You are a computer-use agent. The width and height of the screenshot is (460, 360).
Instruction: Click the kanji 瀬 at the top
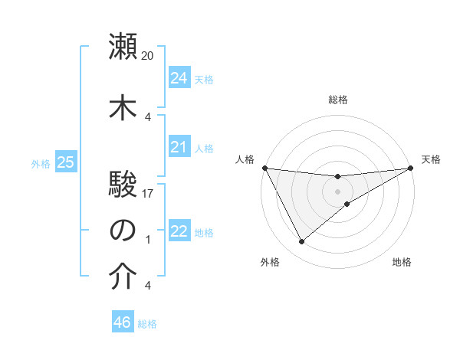coord(123,47)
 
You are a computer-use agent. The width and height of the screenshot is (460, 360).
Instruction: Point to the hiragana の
coord(123,230)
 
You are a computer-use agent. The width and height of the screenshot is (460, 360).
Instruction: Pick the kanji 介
coord(123,277)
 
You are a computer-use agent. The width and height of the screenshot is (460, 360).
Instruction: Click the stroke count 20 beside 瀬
coord(148,56)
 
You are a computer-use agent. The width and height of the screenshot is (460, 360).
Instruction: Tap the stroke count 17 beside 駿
coord(148,195)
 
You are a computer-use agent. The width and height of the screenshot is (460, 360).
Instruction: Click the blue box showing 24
coord(179,78)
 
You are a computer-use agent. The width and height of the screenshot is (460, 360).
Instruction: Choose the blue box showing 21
coord(179,147)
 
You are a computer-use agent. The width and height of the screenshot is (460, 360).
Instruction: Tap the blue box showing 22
coord(179,231)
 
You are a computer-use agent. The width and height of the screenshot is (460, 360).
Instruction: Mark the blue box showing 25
coord(65,162)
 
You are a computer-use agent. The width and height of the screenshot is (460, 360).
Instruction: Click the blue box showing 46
coord(122,322)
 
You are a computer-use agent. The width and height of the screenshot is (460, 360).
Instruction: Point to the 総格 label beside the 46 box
coord(147,324)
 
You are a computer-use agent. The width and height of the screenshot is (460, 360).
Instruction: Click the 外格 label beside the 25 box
coord(41,163)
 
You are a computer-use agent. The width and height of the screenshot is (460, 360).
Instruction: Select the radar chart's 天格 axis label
coord(431,159)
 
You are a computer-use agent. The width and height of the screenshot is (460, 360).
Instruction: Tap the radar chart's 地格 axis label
coord(402,262)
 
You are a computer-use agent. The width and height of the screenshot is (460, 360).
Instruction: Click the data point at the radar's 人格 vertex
coord(264,168)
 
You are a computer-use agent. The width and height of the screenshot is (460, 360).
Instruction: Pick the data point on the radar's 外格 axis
coord(301,242)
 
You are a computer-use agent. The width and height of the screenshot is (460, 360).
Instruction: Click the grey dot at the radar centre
coord(337,191)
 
